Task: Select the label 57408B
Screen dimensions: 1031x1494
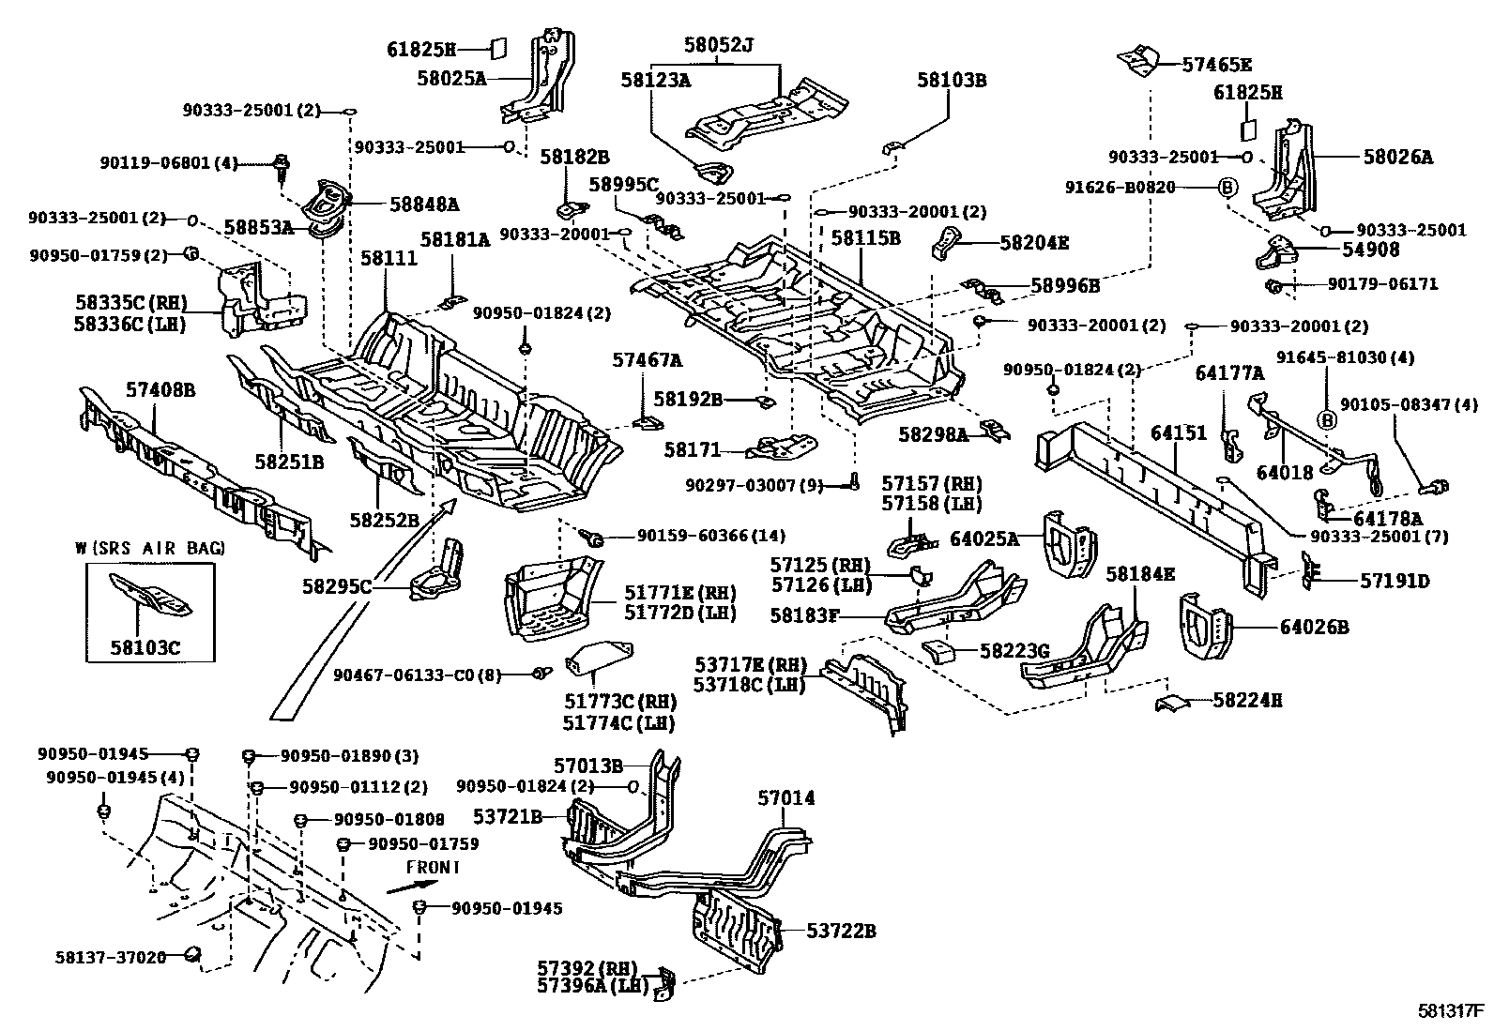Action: coord(160,389)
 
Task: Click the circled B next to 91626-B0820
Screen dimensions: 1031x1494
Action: coord(1227,188)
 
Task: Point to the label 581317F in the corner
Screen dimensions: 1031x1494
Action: coord(1449,1011)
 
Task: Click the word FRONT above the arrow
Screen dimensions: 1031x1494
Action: coord(432,868)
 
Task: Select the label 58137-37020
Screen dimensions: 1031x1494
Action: coord(109,957)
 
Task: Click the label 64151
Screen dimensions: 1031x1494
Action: coord(1179,433)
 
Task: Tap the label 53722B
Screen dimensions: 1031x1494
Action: coord(841,931)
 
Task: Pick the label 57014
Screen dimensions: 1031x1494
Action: coord(786,798)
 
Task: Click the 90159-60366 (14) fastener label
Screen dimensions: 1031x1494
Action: coord(710,536)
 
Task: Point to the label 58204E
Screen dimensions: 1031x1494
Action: coord(1034,243)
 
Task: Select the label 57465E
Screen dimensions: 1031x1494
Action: coord(1217,65)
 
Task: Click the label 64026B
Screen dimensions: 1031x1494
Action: coord(1314,628)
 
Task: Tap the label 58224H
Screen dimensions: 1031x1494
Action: coord(1247,700)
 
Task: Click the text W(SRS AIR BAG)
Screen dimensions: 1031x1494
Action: coord(149,548)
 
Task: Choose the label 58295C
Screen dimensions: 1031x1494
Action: coord(336,586)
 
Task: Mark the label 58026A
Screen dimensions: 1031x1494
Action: coord(1398,158)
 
